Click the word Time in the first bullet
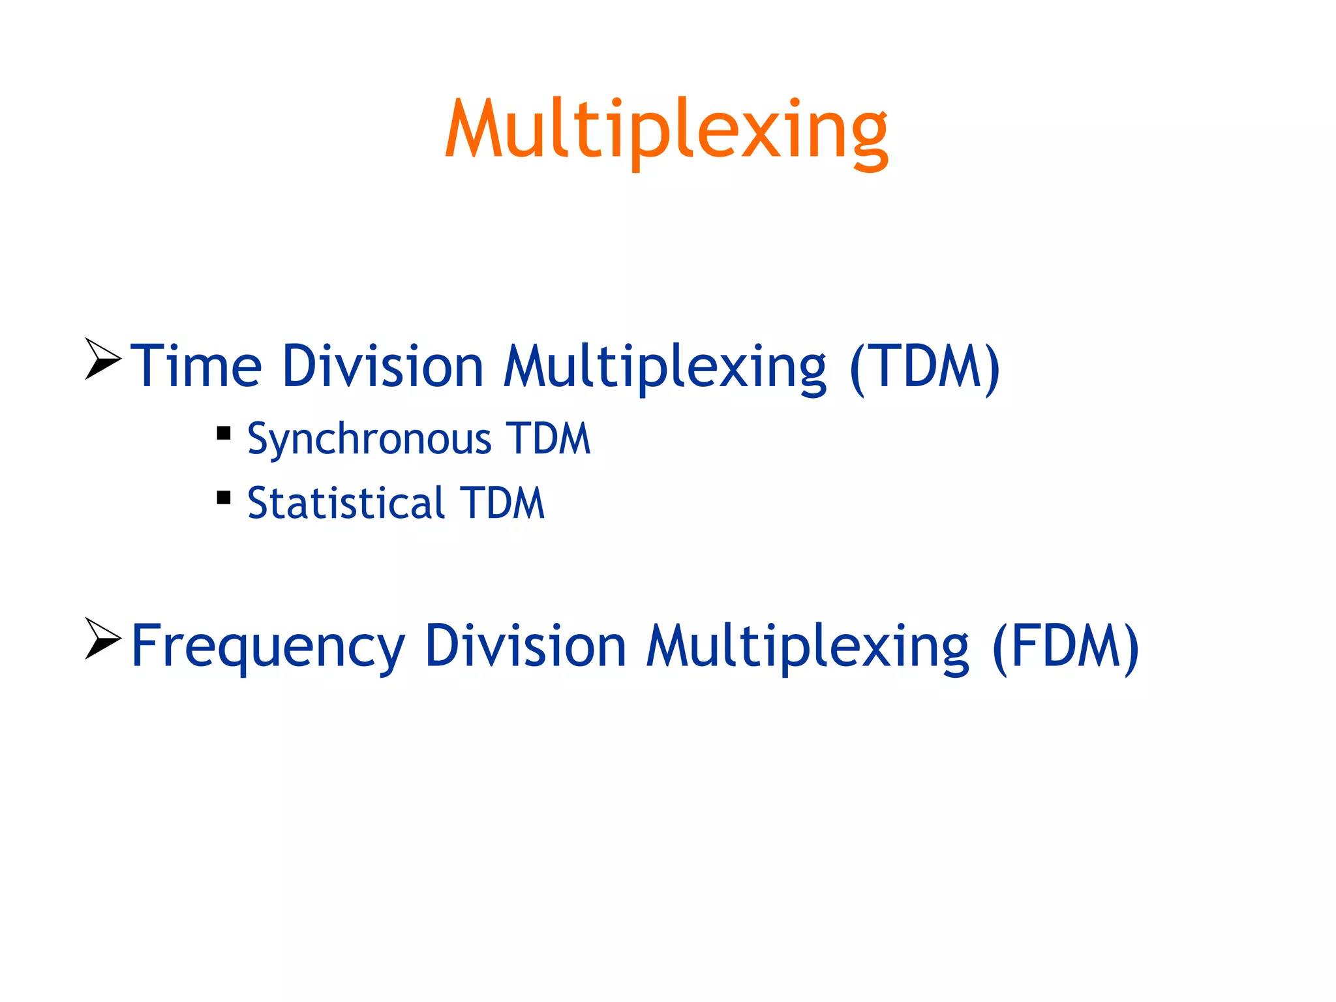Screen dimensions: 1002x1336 point(196,367)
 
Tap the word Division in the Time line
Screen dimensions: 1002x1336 point(383,367)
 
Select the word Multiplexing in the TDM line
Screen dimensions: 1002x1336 point(665,367)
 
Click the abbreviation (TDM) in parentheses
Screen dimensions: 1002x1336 point(925,367)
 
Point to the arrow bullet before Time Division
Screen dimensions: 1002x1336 point(102,359)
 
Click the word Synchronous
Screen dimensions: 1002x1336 point(369,438)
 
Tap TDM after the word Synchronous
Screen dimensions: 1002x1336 point(548,438)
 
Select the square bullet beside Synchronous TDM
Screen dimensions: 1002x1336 point(224,433)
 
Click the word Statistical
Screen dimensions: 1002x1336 point(346,504)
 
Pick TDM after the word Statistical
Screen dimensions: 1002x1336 point(502,504)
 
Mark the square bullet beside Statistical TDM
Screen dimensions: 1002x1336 point(224,498)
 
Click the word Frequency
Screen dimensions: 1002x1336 point(267,646)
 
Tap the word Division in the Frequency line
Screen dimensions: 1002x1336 point(526,646)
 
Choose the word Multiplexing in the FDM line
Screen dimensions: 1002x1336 point(808,646)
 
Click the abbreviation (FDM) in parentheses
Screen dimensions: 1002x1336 point(1065,646)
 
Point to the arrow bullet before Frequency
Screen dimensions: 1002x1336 point(102,639)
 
